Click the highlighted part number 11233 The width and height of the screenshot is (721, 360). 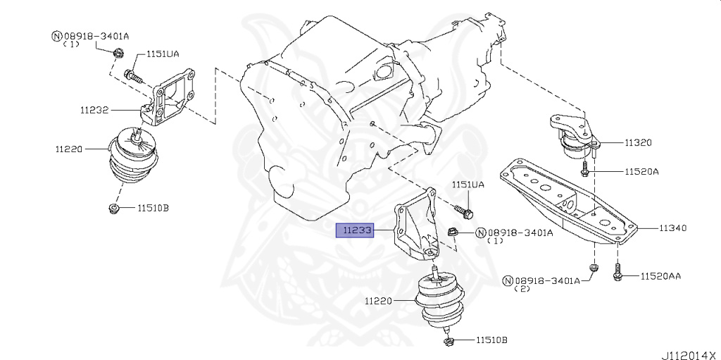click(x=356, y=230)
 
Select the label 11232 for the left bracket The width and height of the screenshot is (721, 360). click(x=94, y=110)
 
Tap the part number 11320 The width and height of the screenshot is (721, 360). click(x=637, y=142)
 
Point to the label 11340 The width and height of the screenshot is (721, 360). click(x=673, y=228)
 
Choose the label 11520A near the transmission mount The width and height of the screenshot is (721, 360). click(x=640, y=171)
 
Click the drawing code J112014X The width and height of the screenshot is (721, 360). click(x=688, y=354)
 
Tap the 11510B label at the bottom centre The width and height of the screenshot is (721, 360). click(x=491, y=340)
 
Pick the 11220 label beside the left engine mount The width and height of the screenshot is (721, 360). click(x=69, y=149)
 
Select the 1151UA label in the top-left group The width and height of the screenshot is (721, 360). click(x=161, y=54)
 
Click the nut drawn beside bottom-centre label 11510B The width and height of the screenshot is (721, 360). click(x=449, y=342)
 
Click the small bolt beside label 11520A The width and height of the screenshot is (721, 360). click(x=585, y=169)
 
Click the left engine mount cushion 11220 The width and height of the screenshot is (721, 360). click(x=134, y=159)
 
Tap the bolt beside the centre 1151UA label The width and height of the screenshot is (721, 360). click(x=464, y=210)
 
